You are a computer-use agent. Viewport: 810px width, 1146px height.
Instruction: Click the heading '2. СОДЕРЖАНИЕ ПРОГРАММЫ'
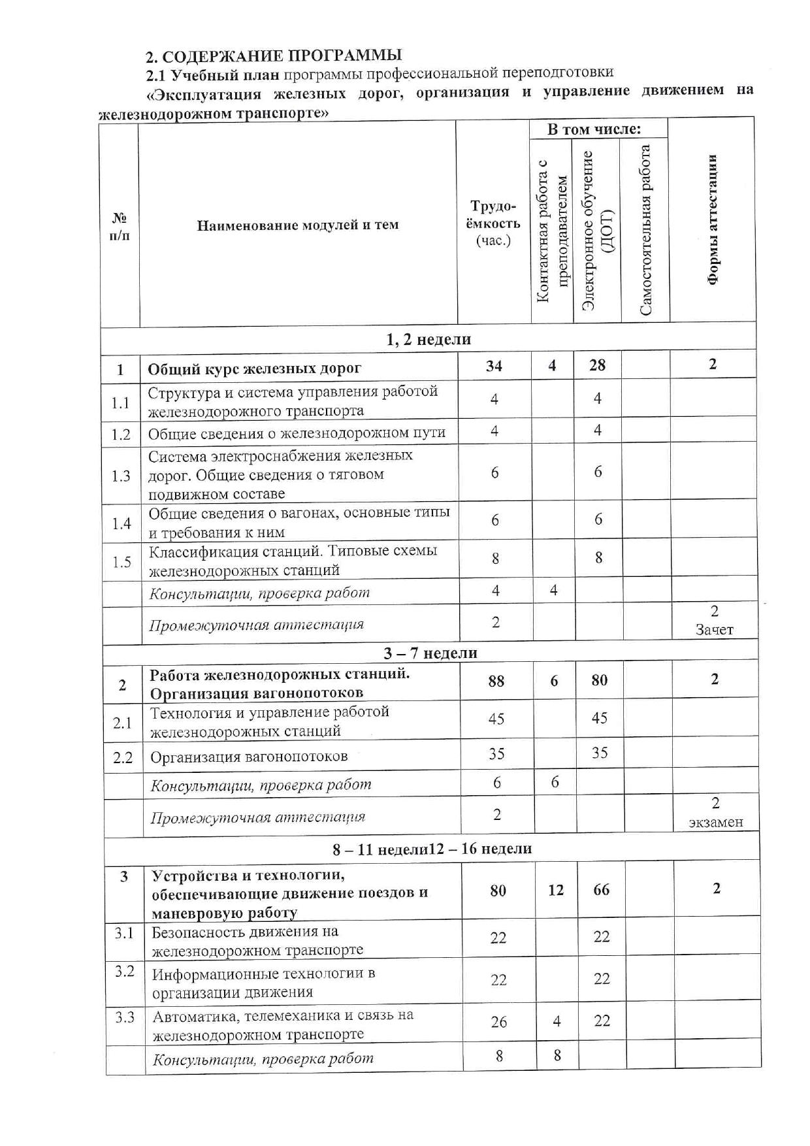[273, 55]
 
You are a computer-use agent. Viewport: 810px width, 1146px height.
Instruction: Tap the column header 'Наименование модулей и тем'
[297, 225]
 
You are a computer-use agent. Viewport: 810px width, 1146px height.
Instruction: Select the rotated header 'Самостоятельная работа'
[646, 230]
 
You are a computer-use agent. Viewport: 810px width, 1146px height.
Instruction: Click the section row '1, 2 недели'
[429, 339]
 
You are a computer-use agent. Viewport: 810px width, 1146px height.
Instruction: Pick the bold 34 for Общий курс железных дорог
[494, 366]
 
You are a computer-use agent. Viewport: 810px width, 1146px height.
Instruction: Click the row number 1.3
[121, 475]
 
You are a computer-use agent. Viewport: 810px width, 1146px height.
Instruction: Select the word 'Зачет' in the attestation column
[714, 630]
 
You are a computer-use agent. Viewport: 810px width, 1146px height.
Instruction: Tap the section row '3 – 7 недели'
[430, 653]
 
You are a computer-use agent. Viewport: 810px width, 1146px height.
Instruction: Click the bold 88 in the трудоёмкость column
[496, 681]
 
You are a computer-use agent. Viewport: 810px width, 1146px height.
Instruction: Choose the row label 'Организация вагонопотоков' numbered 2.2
[249, 757]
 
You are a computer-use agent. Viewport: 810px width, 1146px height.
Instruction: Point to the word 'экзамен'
[716, 822]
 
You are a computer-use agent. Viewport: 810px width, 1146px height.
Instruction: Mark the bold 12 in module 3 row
[556, 890]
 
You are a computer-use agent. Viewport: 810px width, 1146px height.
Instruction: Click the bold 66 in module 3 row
[601, 890]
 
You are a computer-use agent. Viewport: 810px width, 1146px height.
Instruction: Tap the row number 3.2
[124, 971]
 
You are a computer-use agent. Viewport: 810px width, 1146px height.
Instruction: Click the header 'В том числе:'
[594, 129]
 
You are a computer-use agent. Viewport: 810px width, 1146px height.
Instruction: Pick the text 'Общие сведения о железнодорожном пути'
[297, 433]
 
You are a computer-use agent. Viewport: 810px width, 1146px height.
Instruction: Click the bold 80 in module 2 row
[599, 681]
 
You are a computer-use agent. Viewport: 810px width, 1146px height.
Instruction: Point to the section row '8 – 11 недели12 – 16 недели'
[431, 849]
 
